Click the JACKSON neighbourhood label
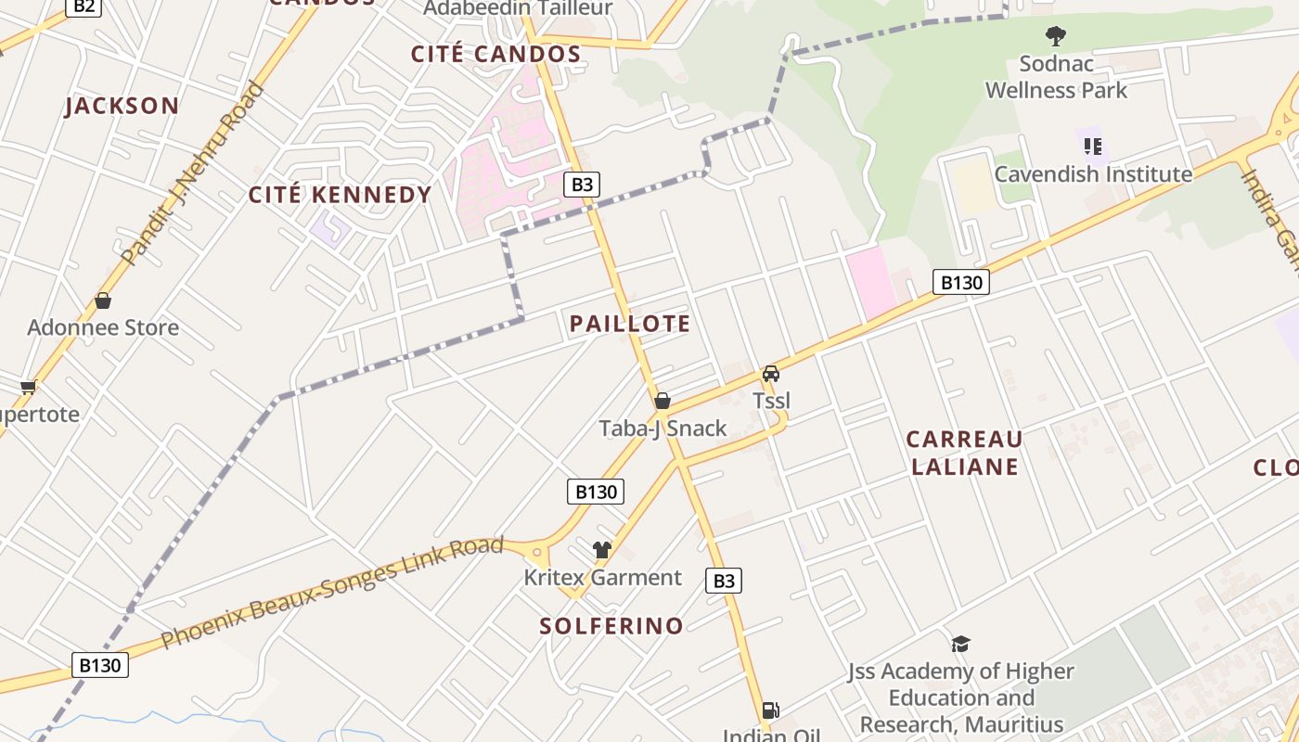point(122,106)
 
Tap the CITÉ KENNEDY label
point(340,195)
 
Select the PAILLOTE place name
point(630,324)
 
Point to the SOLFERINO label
point(611,626)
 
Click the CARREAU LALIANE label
point(965,453)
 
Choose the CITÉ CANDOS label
point(496,54)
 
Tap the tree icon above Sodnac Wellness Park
point(1055,37)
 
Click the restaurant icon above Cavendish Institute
point(1093,147)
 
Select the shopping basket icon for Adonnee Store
point(103,301)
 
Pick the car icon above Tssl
point(770,374)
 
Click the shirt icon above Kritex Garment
point(602,550)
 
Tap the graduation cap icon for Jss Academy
point(960,644)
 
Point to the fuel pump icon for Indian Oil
point(770,710)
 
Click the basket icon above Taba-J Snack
point(662,401)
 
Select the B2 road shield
point(84,6)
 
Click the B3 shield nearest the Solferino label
point(724,582)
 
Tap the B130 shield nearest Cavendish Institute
point(960,282)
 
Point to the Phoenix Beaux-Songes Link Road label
point(332,592)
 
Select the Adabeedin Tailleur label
point(518,8)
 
